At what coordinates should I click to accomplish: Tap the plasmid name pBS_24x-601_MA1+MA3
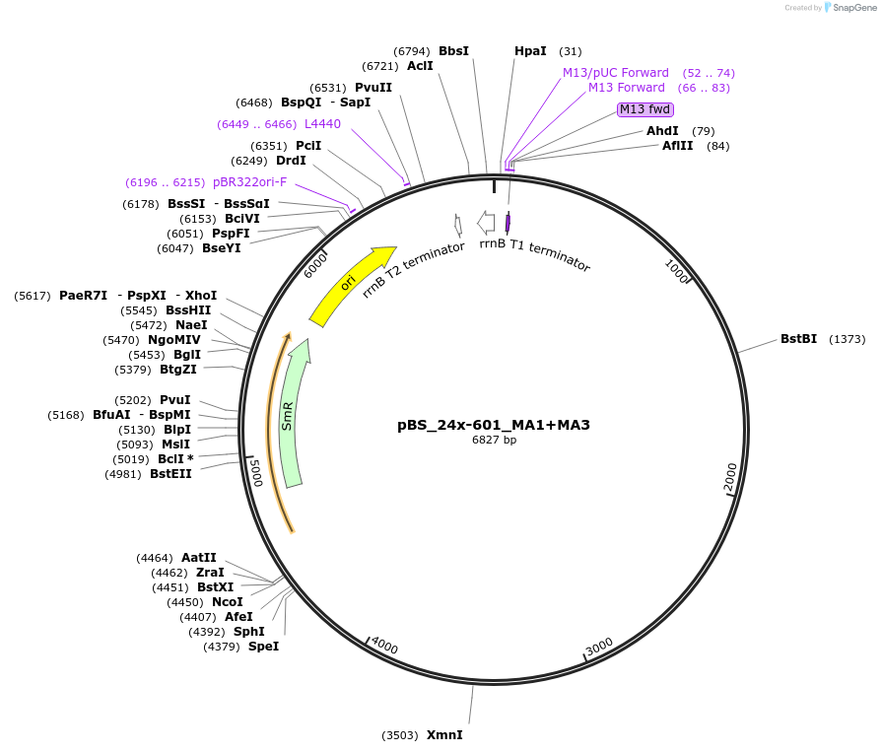494,425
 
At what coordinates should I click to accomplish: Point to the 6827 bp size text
494,441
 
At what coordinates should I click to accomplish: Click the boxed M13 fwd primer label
645,109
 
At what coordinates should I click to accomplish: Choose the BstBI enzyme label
798,339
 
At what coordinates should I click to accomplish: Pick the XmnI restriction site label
444,735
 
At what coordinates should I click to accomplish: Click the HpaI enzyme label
531,51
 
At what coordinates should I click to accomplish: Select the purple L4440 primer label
322,124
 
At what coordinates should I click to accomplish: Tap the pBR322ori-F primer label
250,182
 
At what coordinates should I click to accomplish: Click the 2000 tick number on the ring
730,477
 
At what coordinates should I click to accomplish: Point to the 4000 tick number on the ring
384,647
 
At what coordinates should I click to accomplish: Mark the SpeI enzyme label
263,647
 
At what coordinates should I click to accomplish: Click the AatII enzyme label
198,558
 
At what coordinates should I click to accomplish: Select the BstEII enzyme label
170,474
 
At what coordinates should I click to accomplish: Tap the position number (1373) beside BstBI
847,339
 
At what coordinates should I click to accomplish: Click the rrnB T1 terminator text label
535,254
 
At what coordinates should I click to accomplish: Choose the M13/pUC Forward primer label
615,73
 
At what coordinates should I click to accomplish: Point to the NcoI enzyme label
227,602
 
